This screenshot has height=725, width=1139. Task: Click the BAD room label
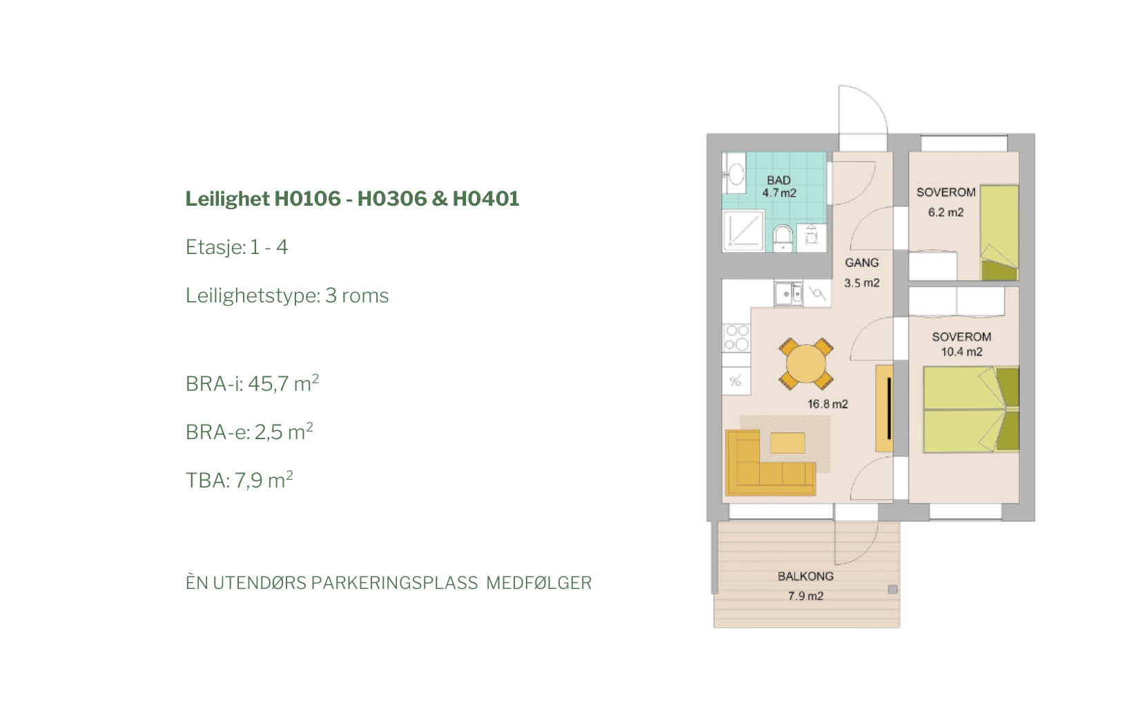(x=779, y=180)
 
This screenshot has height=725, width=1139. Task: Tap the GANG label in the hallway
(x=862, y=262)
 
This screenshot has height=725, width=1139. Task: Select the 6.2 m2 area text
(x=946, y=212)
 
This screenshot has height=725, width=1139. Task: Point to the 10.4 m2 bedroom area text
(x=962, y=351)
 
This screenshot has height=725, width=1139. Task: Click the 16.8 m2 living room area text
(x=828, y=404)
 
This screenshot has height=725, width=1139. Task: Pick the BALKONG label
(x=806, y=577)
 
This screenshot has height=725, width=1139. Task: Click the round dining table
(x=806, y=364)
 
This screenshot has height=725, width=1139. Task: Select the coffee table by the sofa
(x=788, y=443)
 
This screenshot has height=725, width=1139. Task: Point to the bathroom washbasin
(x=734, y=173)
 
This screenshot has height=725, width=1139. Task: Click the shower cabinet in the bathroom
(x=743, y=231)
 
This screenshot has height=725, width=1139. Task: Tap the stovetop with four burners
(x=737, y=338)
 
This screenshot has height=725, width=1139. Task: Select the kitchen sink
(x=788, y=293)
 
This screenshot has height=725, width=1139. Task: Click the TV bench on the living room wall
(x=884, y=408)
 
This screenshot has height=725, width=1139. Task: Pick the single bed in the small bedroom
(x=999, y=233)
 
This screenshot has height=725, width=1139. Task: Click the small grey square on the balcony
(x=893, y=590)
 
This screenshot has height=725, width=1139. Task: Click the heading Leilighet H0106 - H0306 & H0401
(x=352, y=199)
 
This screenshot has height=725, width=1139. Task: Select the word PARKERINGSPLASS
(x=395, y=583)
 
